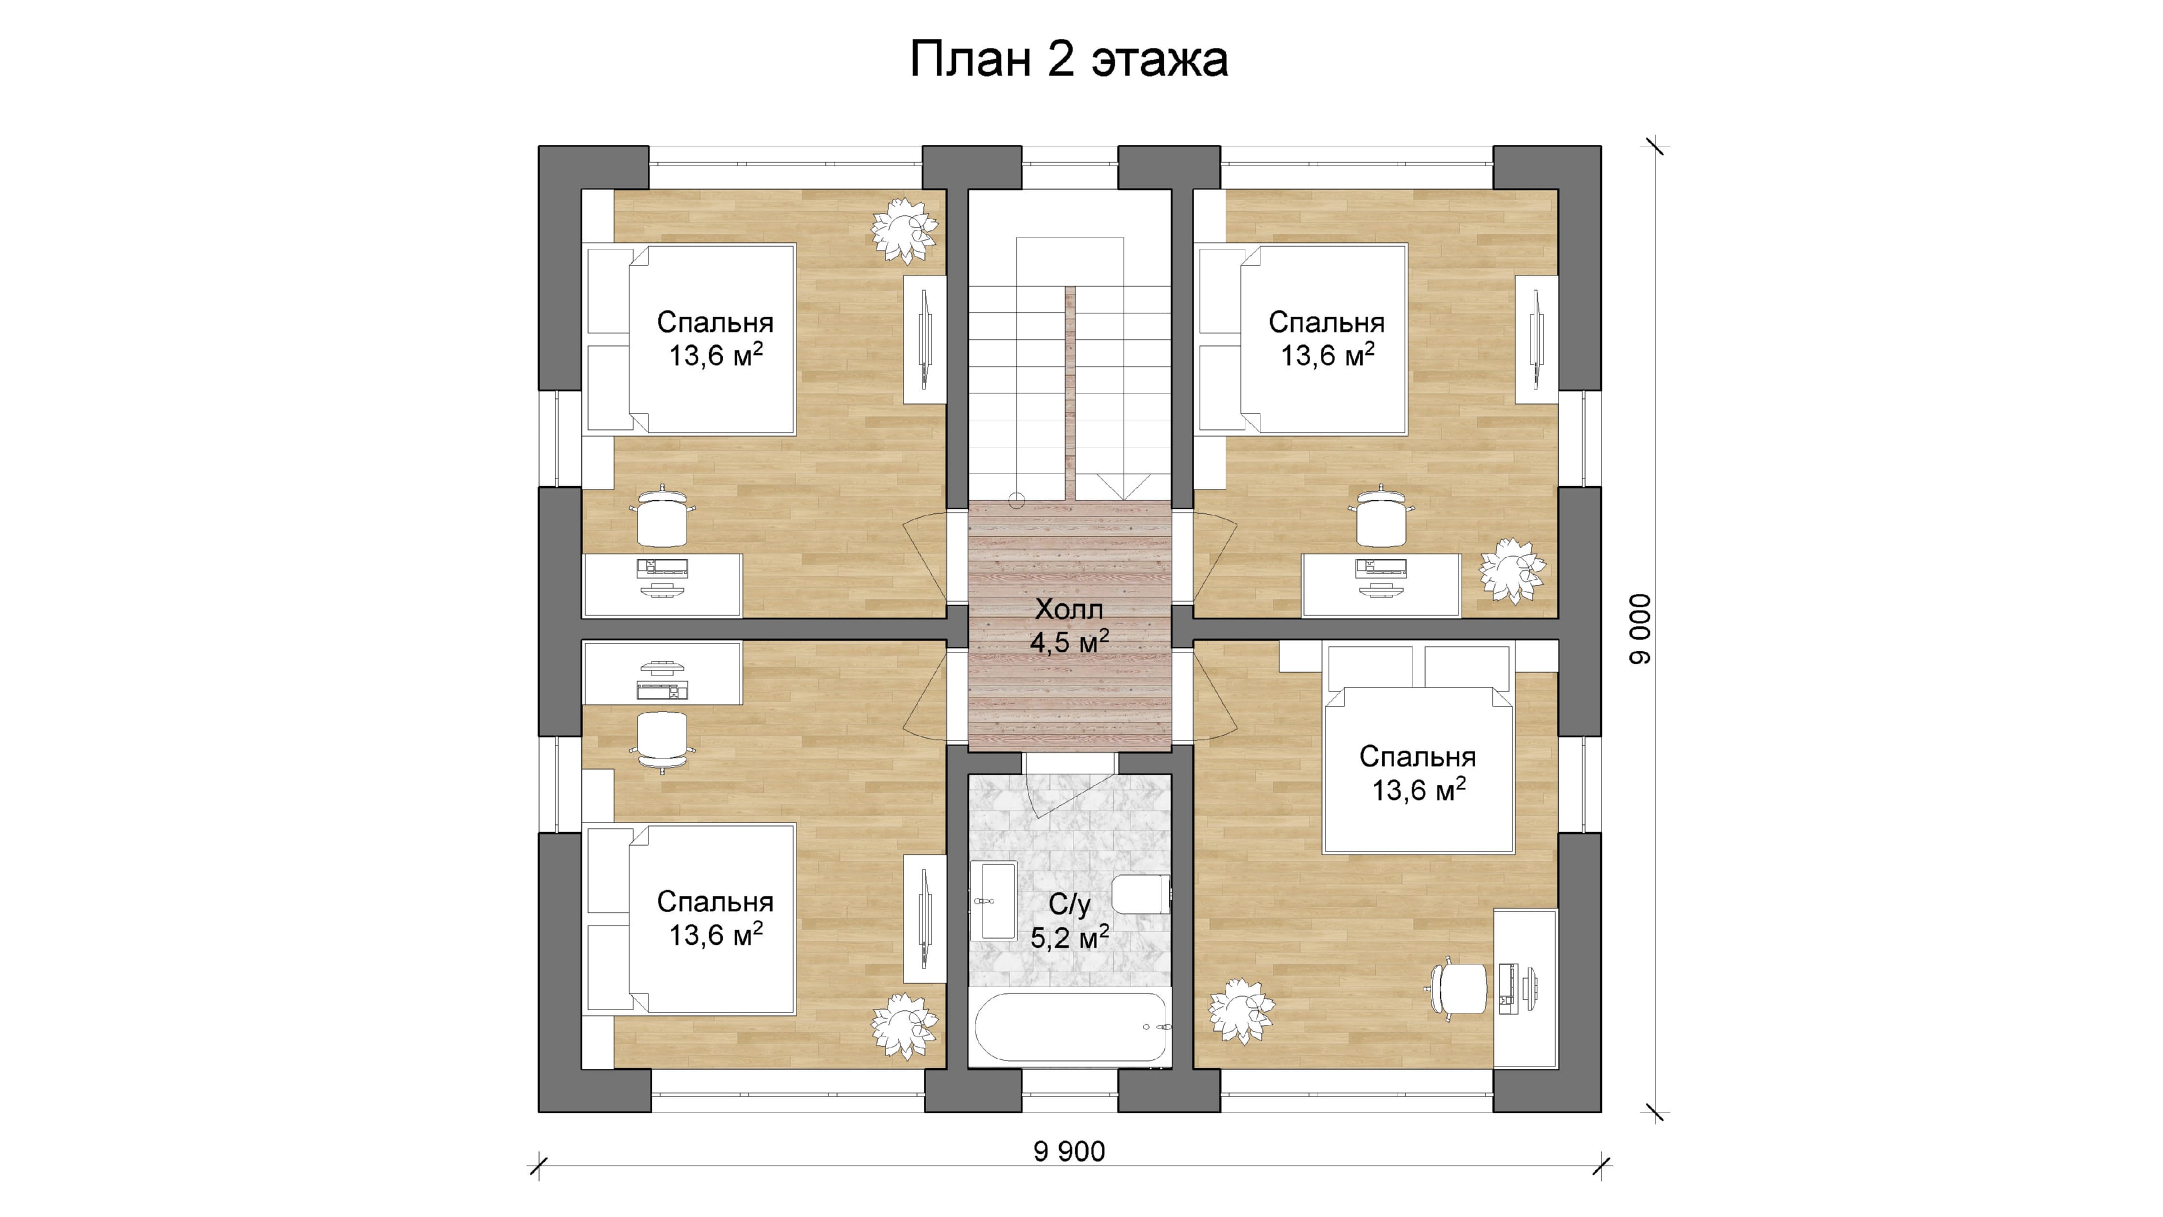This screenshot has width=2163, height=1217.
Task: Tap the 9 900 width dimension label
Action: point(1069,1152)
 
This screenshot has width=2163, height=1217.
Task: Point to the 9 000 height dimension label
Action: point(1640,629)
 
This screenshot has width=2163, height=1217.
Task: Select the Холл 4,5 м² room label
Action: point(1069,626)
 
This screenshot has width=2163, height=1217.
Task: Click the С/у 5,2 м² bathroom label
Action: point(1069,921)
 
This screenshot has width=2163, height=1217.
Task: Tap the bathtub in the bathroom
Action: point(1071,1028)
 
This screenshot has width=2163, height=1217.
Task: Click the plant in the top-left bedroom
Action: point(904,228)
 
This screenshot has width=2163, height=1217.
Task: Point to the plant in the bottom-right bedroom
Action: point(1241,1010)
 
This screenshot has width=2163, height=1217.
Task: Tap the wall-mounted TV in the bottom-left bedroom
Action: point(924,919)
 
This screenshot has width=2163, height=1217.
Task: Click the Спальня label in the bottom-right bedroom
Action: point(1417,757)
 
